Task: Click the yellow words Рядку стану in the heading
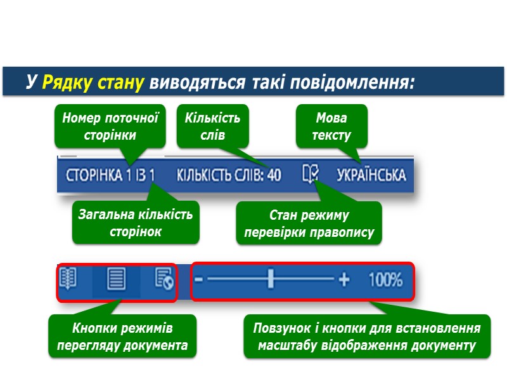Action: click(x=94, y=82)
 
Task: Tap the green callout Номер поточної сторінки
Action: click(x=110, y=126)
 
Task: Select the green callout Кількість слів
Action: click(x=212, y=126)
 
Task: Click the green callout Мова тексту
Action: click(x=332, y=126)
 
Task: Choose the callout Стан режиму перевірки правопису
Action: click(x=309, y=224)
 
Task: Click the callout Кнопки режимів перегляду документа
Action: click(x=122, y=337)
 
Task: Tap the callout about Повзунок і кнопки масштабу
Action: click(x=367, y=337)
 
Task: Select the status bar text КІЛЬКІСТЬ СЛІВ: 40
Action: click(x=228, y=175)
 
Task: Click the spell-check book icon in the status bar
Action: click(x=311, y=174)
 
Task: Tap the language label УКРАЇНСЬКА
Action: click(x=371, y=175)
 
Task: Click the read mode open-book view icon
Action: click(x=68, y=279)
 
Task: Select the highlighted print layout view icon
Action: click(x=116, y=279)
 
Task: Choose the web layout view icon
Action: click(x=164, y=279)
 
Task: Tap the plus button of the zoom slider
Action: click(x=344, y=279)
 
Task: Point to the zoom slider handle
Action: click(x=271, y=279)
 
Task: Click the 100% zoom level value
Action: click(x=385, y=279)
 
